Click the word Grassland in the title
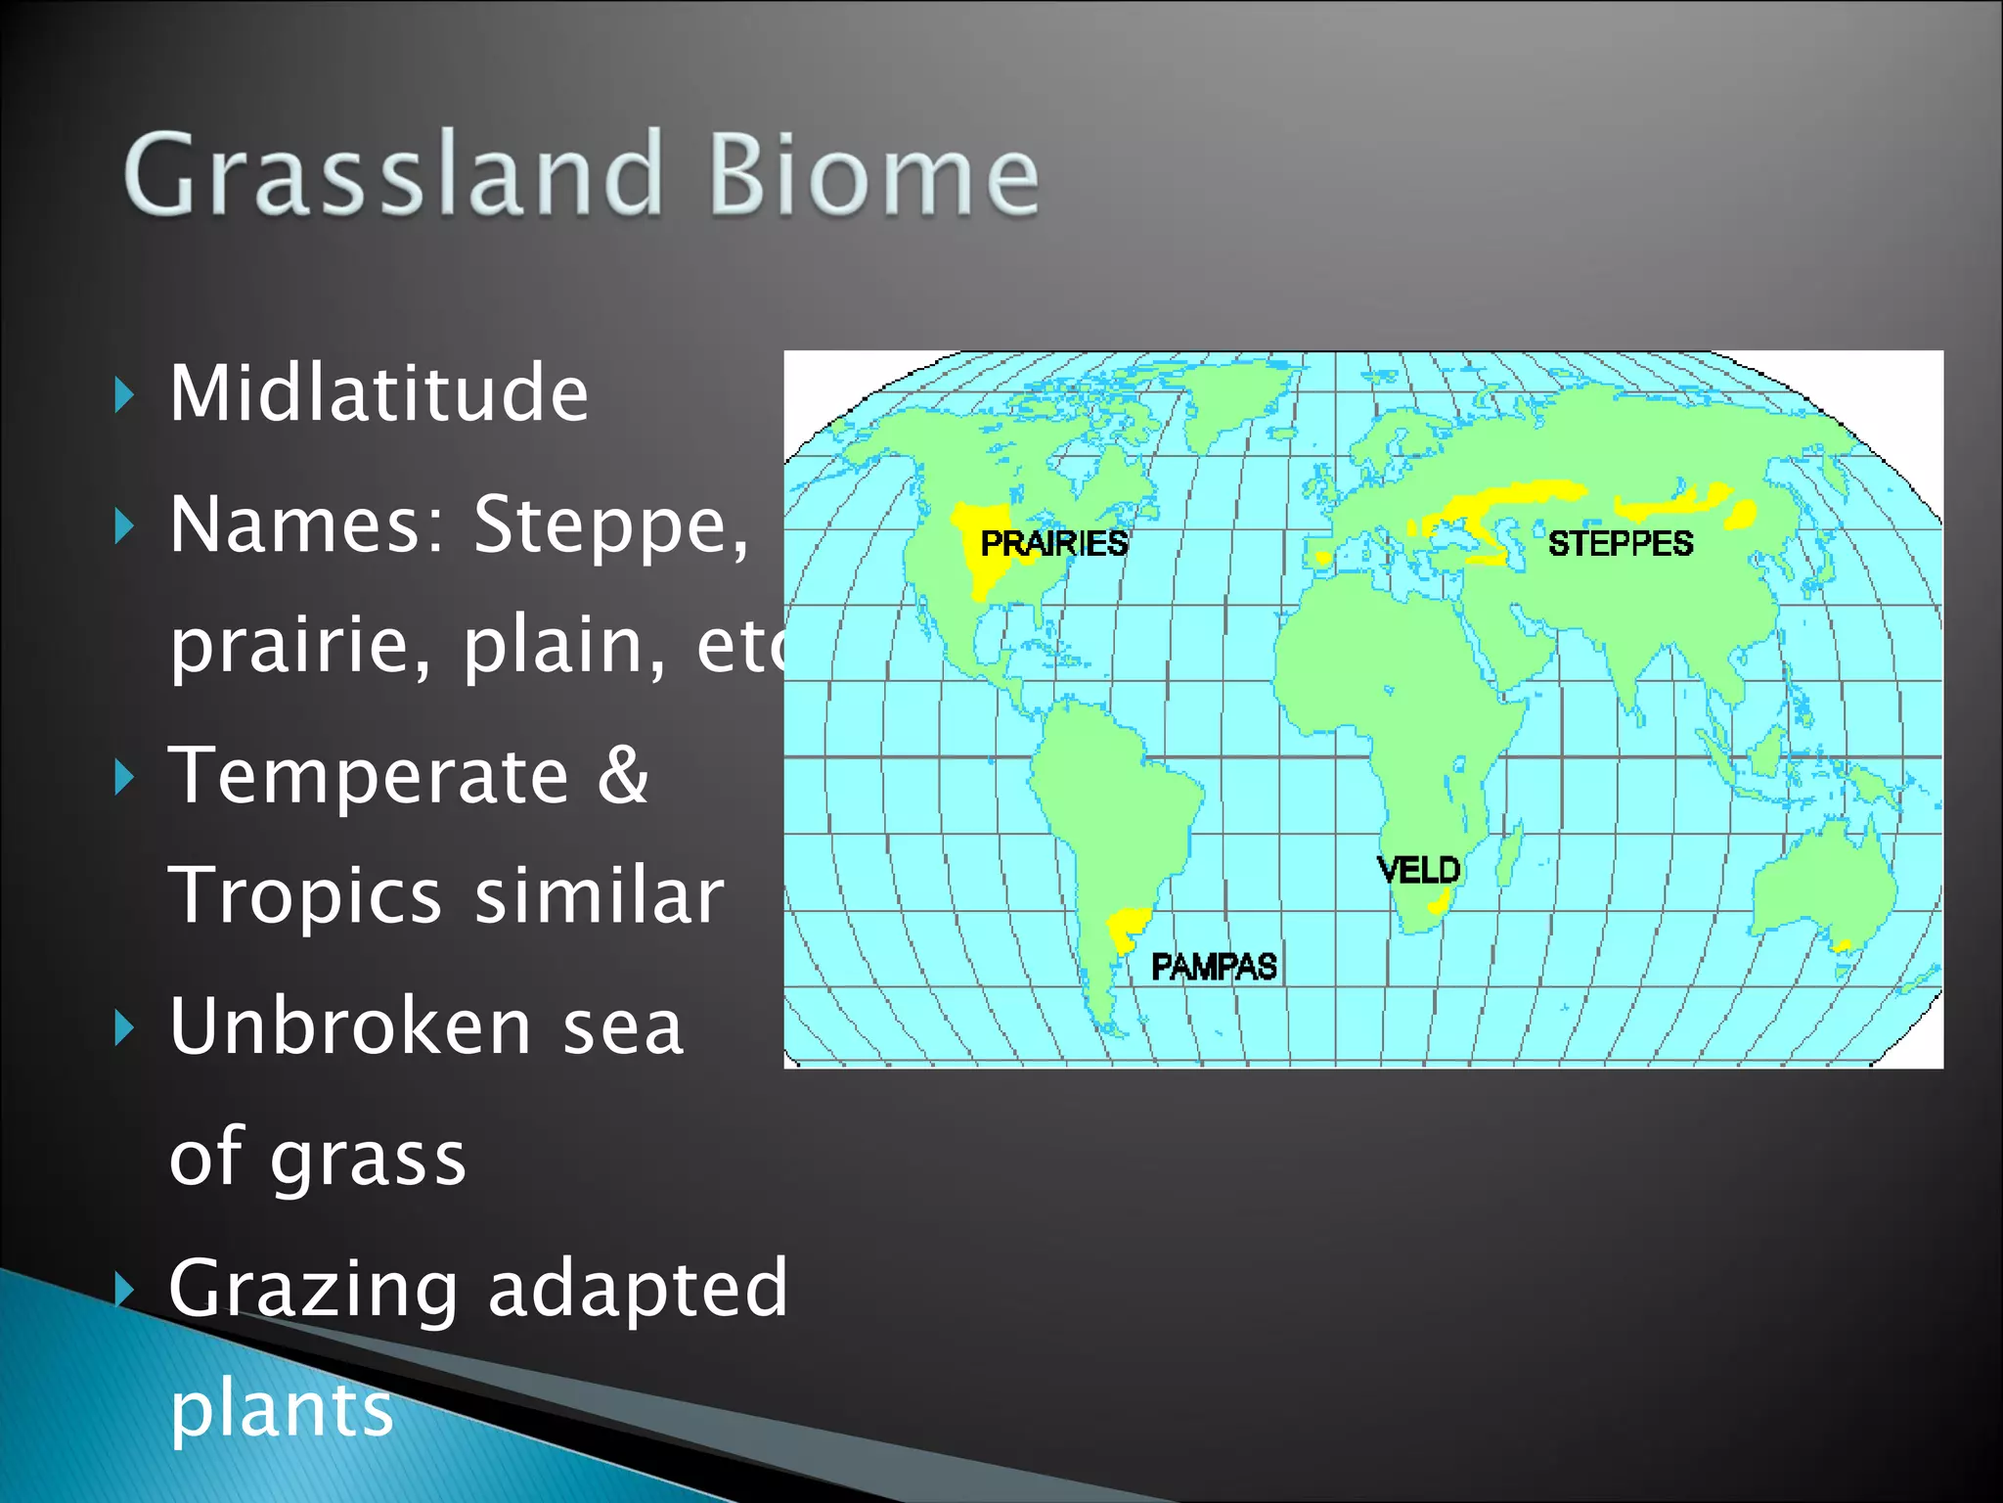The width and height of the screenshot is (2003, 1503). coord(391,176)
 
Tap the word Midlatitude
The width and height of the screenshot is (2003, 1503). coord(378,393)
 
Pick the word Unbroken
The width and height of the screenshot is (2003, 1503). coord(349,1026)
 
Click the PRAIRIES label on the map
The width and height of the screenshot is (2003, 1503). coord(1053,544)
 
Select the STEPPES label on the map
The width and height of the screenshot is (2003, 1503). coord(1620,544)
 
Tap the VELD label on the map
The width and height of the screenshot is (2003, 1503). coord(1418,870)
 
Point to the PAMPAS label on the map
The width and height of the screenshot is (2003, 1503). coord(1213,968)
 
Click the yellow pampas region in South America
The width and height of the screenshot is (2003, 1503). coord(1127,927)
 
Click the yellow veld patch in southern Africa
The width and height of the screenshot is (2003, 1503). coord(1438,905)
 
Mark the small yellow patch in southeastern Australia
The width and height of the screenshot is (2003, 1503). coord(1843,945)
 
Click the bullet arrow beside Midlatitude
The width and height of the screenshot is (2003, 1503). coord(123,395)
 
